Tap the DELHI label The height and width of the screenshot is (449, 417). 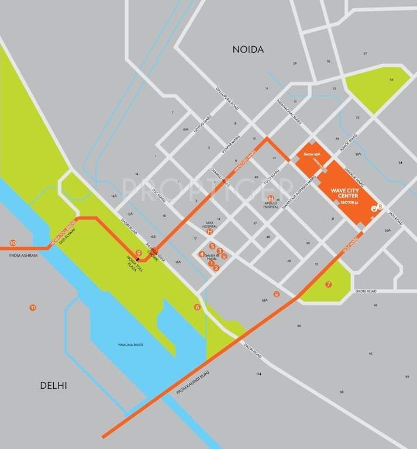click(x=54, y=385)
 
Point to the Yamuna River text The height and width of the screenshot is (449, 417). click(x=130, y=345)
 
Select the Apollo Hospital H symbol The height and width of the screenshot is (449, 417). click(x=271, y=198)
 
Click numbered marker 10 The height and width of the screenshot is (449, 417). click(x=13, y=243)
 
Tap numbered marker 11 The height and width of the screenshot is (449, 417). click(x=33, y=308)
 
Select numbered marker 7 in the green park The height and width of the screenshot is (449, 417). click(x=329, y=284)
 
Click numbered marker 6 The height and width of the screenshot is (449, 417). click(x=197, y=307)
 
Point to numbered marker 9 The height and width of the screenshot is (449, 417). click(x=138, y=253)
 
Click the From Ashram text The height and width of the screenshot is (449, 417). click(x=23, y=256)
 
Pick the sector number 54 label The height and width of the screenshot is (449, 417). click(x=392, y=79)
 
